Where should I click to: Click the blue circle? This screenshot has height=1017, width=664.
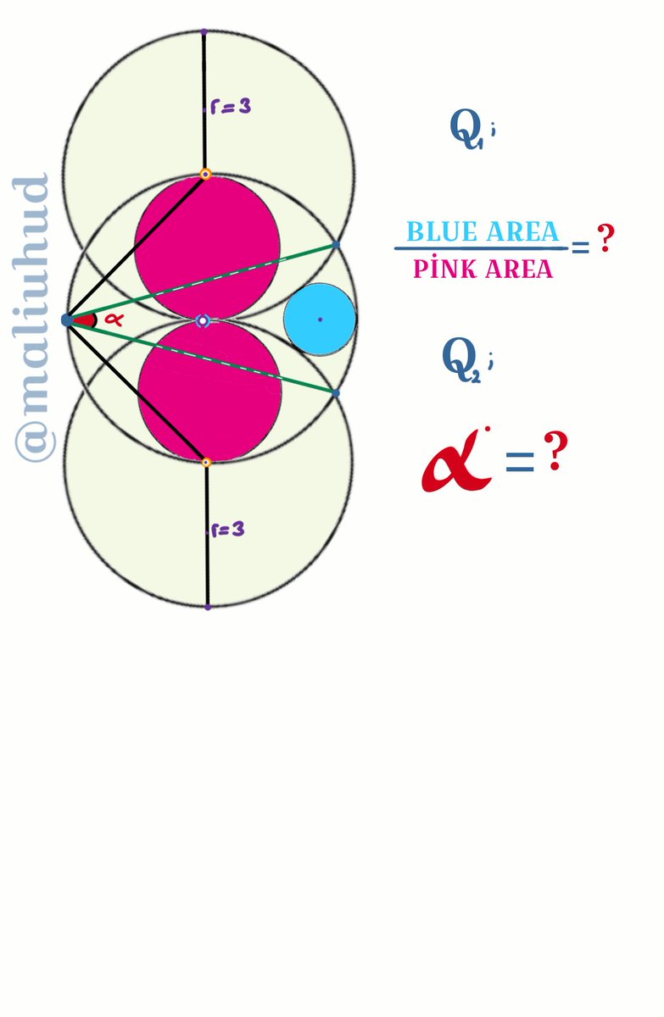pos(320,319)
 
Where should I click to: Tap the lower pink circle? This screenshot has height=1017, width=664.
pos(209,392)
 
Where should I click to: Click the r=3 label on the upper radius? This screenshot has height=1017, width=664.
pos(230,108)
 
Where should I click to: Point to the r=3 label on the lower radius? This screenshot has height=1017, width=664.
pos(228,530)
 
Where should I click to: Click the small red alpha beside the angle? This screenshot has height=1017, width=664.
pos(114,320)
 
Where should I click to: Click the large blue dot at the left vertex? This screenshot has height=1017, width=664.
pos(67,320)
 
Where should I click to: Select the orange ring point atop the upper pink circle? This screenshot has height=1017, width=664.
pos(205,175)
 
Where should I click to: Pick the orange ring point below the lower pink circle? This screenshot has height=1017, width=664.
pos(205,463)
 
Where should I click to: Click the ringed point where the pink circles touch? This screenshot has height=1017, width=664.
pos(203,321)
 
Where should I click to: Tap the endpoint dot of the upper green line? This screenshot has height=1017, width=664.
pos(336,244)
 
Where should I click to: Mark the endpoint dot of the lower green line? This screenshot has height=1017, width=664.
pos(336,393)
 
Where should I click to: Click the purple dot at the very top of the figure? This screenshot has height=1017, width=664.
pos(204,32)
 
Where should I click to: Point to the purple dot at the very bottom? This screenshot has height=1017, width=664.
pos(208,607)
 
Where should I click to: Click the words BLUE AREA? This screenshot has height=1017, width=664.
pos(483,231)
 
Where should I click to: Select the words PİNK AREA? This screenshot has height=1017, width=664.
pos(483,270)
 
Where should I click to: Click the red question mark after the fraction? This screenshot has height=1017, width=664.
pos(605,240)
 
